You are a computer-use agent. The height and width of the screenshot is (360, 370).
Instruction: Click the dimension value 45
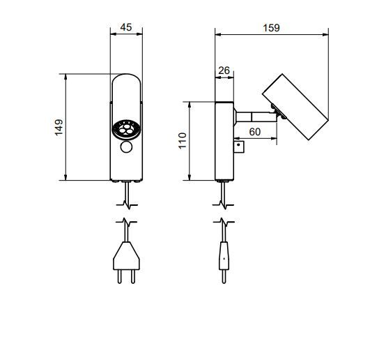pos(127,27)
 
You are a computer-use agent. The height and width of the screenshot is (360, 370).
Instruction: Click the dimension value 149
pos(59,128)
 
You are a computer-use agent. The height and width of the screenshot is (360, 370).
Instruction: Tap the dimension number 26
pos(224,70)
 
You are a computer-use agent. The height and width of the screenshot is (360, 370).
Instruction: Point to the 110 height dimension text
pos(183,140)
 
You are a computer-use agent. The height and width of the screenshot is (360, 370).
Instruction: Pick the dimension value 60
pos(254,131)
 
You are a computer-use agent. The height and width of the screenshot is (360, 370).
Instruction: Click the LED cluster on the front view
pos(126,128)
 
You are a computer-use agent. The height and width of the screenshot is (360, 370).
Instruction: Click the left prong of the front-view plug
pos(121,276)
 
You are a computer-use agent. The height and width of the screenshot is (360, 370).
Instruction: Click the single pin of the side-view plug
pos(223,277)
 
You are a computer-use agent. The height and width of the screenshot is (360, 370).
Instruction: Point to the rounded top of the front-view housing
pos(127,84)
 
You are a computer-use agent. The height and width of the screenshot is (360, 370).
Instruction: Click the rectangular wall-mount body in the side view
pos(224,140)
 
